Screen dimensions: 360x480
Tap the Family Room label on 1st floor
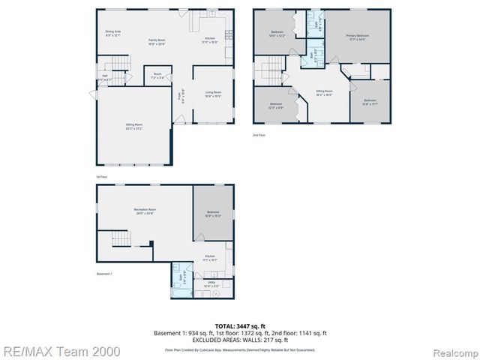coord(157,40)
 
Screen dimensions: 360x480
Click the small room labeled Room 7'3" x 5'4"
coord(157,76)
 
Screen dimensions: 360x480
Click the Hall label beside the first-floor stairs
coord(104,76)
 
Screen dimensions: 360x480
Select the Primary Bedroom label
coord(357,37)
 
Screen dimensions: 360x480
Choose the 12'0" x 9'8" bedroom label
coord(276,106)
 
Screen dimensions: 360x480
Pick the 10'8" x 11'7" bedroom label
coord(370,101)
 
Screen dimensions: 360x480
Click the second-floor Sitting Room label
coord(323,93)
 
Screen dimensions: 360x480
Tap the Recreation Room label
coord(145,211)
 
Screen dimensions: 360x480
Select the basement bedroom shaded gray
coord(213,214)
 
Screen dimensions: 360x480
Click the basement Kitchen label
coord(211,257)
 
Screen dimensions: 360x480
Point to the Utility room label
coord(211,283)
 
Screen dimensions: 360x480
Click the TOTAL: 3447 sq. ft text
coord(239,326)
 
